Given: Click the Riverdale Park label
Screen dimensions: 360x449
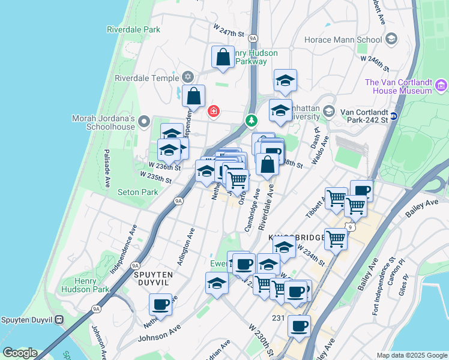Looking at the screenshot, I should [134, 29].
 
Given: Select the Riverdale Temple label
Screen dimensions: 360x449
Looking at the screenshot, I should [147, 78].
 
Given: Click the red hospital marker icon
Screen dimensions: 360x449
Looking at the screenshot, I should [213, 112].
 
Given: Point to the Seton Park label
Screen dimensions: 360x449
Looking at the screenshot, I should [139, 193].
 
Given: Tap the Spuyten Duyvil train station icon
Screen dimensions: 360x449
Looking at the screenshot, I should [59, 320].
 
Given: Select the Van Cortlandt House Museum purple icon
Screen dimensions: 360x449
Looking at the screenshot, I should [442, 86].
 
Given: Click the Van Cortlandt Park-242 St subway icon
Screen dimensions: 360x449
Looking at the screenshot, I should [394, 116].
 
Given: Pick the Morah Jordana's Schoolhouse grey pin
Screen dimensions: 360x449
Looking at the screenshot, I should [143, 122].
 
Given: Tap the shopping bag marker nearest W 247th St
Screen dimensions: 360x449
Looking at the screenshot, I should [223, 58].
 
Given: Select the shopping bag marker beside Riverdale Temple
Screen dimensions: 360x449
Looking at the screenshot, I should [194, 95].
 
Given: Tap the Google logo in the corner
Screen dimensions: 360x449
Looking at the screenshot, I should [19, 353].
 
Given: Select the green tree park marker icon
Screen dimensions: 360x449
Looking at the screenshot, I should [250, 121].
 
